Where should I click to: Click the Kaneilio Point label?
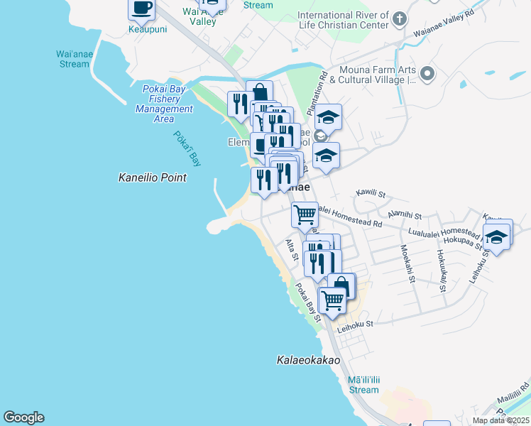(x=152, y=177)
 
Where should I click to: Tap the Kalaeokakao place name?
(x=308, y=361)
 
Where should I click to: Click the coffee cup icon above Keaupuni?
(x=141, y=9)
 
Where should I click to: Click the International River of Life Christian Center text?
(x=343, y=20)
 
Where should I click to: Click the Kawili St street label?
(x=370, y=193)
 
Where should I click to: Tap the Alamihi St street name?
(x=405, y=214)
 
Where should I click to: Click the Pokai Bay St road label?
(x=308, y=302)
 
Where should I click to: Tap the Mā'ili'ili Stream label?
(x=363, y=385)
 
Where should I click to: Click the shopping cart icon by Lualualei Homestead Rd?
(x=305, y=213)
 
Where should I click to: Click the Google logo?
(x=23, y=417)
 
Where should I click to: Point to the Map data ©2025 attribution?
(x=500, y=420)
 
